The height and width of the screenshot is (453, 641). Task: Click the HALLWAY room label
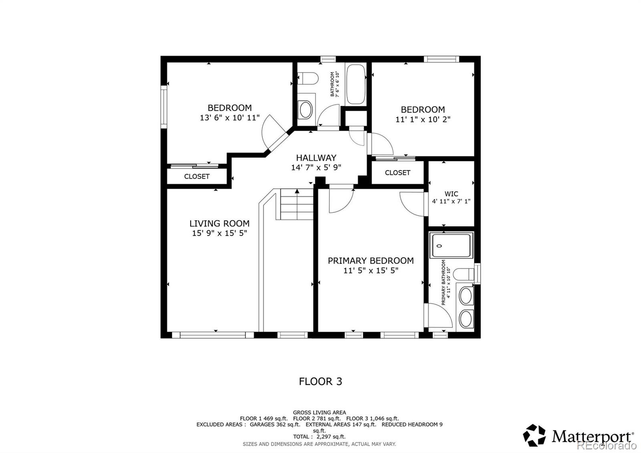316,158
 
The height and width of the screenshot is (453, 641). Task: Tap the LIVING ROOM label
219,223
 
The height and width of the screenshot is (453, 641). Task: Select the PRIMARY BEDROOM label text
371,261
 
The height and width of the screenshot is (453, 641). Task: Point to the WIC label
451,194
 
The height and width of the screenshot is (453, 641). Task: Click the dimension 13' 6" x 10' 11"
230,118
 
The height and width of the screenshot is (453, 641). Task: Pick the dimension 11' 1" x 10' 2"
423,119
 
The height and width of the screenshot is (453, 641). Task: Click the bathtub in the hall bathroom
355,84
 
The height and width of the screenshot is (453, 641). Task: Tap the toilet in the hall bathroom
307,78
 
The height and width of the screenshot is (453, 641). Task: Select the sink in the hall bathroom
306,109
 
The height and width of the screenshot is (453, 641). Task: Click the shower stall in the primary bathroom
451,245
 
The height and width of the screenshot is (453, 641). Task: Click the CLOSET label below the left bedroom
197,176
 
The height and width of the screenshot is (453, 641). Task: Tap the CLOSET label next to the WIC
397,173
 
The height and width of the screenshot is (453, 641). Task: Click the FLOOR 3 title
320,381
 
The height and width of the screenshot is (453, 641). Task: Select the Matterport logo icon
534,435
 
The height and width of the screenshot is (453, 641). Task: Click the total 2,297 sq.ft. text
319,437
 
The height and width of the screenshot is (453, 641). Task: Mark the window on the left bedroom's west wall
163,107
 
